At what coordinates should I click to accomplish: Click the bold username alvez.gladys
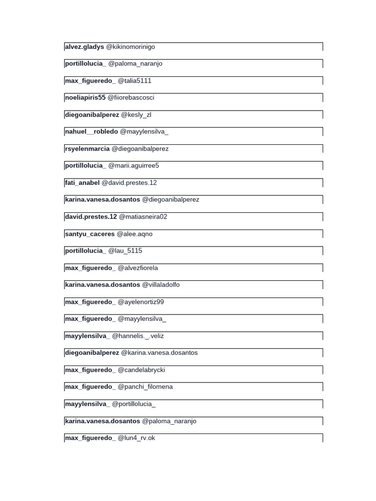tap(84, 47)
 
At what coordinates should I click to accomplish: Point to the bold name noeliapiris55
tap(85, 98)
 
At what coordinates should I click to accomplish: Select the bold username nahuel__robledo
tap(91, 132)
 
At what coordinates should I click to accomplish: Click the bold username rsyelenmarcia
tap(87, 149)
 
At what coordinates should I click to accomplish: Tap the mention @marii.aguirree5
tap(134, 166)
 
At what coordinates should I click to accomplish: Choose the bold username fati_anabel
tap(82, 183)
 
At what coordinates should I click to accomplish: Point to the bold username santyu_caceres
tap(90, 234)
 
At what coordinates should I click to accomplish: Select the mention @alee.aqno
tap(135, 234)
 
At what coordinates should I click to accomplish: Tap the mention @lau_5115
tap(125, 251)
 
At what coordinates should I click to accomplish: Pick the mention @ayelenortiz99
tap(141, 302)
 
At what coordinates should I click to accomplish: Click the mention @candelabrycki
tap(141, 370)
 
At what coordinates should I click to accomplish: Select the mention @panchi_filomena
tap(145, 387)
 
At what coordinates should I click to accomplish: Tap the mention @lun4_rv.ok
tap(137, 438)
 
